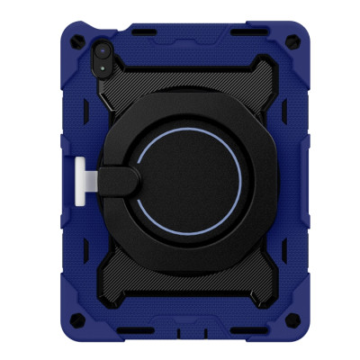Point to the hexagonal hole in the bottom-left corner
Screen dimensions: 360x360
[x=76, y=320]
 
